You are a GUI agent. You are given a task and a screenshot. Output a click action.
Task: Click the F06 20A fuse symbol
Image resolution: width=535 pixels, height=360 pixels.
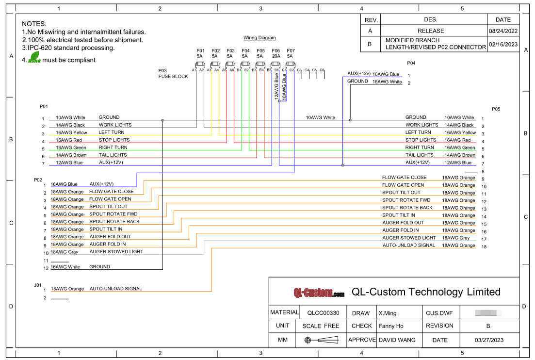276,64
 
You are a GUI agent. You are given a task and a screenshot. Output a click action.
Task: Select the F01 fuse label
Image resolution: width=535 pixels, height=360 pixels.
200,50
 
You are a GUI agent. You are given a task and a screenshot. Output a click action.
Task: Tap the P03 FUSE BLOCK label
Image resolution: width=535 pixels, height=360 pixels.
173,73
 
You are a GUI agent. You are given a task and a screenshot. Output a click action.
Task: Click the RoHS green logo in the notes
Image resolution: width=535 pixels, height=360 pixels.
34,60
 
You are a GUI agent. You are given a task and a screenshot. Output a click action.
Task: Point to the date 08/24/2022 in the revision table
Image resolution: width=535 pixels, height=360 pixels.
503,31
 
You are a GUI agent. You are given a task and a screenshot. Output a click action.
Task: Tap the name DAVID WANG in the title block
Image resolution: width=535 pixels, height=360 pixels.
397,340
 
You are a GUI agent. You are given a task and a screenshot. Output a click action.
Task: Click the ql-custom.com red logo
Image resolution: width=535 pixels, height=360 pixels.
319,293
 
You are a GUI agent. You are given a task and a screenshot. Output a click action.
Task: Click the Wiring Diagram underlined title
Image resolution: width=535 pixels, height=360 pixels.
259,38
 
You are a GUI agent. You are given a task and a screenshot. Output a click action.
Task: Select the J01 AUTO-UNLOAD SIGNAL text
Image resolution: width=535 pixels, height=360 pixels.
115,289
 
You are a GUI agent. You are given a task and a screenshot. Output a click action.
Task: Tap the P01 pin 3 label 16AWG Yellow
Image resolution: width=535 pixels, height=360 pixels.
71,132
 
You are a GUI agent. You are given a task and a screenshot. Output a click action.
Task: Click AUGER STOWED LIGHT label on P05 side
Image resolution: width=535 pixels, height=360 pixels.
409,238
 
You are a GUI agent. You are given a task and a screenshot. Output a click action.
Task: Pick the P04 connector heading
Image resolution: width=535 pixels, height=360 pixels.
411,63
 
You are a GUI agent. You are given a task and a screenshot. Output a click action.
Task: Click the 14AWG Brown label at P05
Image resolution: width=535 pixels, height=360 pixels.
460,155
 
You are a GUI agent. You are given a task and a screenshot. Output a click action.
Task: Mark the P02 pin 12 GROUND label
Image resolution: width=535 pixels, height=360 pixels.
99,267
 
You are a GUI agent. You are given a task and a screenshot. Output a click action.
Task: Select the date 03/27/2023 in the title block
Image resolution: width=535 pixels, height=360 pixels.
489,340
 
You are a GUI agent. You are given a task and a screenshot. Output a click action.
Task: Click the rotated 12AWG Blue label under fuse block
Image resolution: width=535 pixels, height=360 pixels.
277,86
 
